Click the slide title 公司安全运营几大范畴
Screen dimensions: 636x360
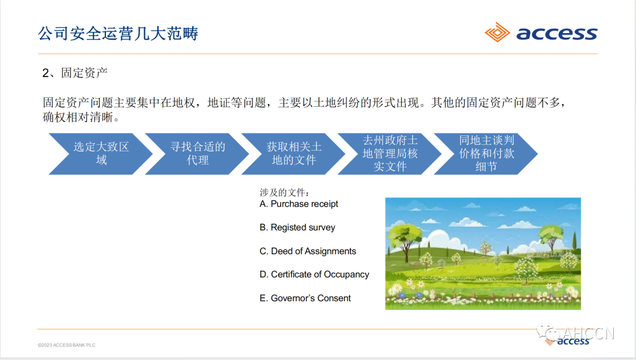pyautogui.click(x=118, y=33)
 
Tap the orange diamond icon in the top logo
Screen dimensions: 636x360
pyautogui.click(x=497, y=32)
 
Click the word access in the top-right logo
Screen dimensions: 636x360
pyautogui.click(x=556, y=33)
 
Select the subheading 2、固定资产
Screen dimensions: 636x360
pyautogui.click(x=75, y=72)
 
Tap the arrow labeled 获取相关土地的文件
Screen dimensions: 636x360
pyautogui.click(x=293, y=154)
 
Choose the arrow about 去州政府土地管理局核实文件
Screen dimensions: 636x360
pyautogui.click(x=389, y=154)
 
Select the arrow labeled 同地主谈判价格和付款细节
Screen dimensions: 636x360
pyautogui.click(x=486, y=154)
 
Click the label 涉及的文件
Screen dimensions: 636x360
pyautogui.click(x=284, y=193)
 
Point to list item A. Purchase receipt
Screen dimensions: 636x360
pyautogui.click(x=299, y=204)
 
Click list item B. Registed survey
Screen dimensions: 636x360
pyautogui.click(x=297, y=227)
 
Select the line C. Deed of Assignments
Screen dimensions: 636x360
pyautogui.click(x=308, y=251)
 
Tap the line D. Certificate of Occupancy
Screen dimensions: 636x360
pyautogui.click(x=314, y=275)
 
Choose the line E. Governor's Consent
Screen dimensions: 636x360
pyautogui.click(x=305, y=298)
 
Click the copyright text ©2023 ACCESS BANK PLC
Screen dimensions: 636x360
pyautogui.click(x=67, y=345)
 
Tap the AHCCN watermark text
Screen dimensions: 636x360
pyautogui.click(x=588, y=333)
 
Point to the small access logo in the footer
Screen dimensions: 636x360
pyautogui.click(x=567, y=341)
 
